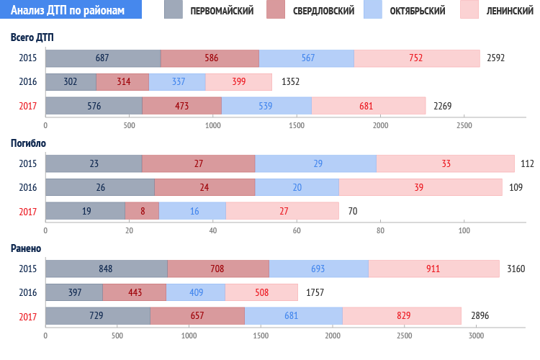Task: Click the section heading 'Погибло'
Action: point(28,143)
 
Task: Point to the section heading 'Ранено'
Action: point(25,248)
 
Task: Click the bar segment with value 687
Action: point(102,58)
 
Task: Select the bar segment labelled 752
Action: point(417,58)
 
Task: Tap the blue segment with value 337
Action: point(177,81)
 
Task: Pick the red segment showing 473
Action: point(181,106)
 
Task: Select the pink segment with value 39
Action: point(420,187)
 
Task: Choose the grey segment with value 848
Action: point(106,269)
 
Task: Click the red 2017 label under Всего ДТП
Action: point(28,106)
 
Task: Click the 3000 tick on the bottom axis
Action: point(475,336)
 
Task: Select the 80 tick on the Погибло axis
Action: point(380,231)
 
